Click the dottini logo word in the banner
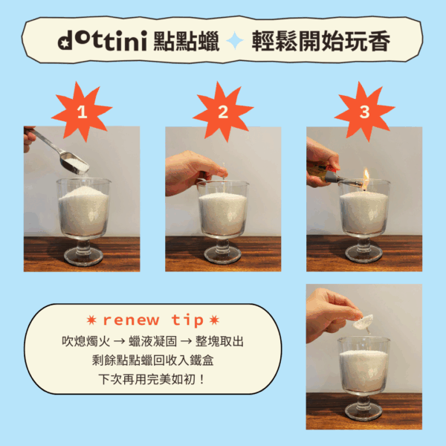(x=103, y=40)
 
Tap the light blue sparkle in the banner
(x=235, y=41)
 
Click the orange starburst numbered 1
(x=82, y=111)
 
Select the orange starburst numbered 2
(x=223, y=111)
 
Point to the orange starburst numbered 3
(x=364, y=111)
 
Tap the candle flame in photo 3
(x=366, y=175)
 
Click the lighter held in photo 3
(x=333, y=175)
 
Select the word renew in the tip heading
(x=131, y=320)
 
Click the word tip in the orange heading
(x=187, y=320)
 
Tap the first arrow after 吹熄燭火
(x=119, y=341)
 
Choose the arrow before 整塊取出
(x=186, y=341)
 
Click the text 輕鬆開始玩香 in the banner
(x=321, y=41)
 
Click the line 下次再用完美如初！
(x=152, y=379)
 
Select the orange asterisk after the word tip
(x=214, y=320)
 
